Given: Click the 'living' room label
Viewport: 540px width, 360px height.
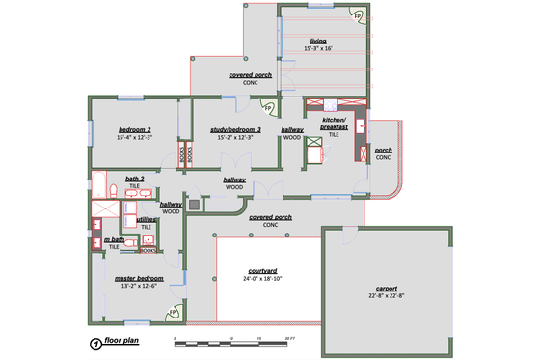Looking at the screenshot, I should [318, 41].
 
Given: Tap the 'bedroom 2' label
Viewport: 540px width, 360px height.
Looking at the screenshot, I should [135, 129].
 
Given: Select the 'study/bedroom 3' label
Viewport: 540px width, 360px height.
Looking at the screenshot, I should [229, 129].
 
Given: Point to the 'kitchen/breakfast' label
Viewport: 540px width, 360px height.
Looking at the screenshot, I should [333, 124].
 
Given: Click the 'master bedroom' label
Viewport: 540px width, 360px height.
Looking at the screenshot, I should [136, 278].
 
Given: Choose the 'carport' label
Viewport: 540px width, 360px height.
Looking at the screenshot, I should [386, 290].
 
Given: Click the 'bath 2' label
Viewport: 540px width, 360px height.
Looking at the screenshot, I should [134, 179].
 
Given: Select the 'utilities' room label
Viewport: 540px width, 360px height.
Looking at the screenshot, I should [147, 219].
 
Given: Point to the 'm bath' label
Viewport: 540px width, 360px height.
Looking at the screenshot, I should [114, 239].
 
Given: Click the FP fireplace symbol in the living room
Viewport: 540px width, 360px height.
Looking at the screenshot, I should [357, 15].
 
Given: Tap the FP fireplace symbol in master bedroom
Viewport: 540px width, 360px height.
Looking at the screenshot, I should [174, 312].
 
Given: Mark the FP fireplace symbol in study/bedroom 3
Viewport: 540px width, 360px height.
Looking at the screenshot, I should [268, 107].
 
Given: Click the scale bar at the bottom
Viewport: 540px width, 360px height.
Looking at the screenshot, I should [231, 343].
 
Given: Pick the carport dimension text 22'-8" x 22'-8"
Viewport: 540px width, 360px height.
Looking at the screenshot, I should [386, 297].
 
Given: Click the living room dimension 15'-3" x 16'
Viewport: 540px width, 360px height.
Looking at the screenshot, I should [318, 48].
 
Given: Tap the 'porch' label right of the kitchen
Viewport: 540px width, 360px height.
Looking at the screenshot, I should [383, 151].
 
